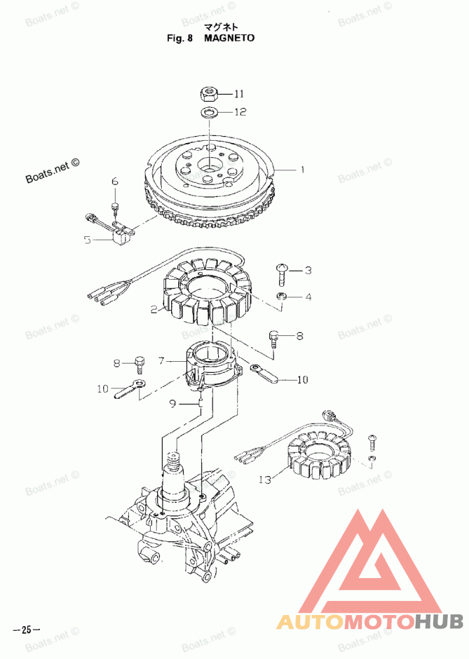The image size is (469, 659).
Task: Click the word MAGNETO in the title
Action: [230, 38]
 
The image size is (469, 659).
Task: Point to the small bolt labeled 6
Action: [115, 206]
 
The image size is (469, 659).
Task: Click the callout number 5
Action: [87, 239]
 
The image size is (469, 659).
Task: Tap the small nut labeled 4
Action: [281, 297]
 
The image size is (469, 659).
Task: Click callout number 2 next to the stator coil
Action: [154, 309]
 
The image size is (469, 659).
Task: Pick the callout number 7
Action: [161, 361]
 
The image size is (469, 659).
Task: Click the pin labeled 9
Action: [201, 403]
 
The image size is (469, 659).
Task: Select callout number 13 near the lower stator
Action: [265, 480]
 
